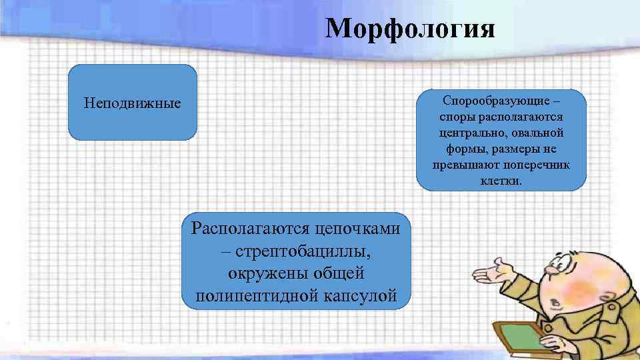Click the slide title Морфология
(x=410, y=29)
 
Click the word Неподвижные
(x=133, y=104)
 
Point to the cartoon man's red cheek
(x=577, y=289)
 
